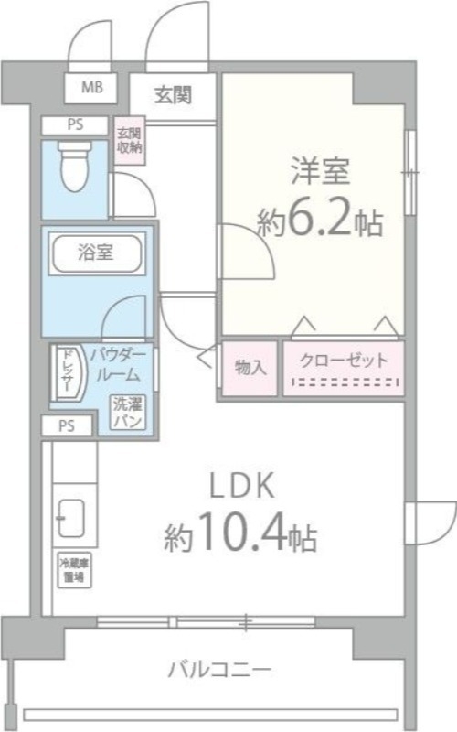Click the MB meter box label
[x=91, y=89]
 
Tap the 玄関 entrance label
[x=172, y=93]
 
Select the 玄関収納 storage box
[x=128, y=141]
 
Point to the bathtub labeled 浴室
[x=95, y=253]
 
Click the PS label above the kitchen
[x=67, y=425]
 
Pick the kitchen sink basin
[x=70, y=522]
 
